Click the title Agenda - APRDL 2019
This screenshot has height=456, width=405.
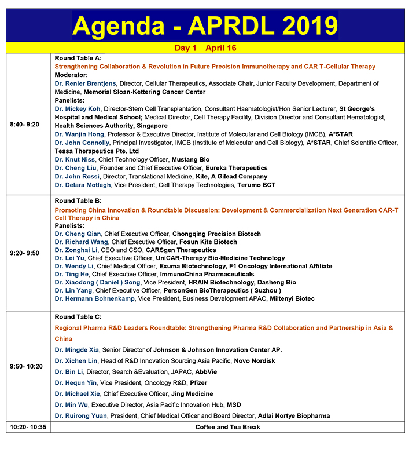[x=205, y=25]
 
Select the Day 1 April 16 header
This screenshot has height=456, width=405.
[x=205, y=48]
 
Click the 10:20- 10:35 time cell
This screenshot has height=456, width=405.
[x=27, y=427]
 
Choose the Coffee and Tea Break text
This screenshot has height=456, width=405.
[x=227, y=427]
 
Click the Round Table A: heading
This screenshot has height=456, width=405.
[x=78, y=59]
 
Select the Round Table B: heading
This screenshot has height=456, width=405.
[x=78, y=201]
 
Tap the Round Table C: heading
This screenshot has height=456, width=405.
[x=78, y=317]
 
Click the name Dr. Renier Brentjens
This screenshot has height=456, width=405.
[x=86, y=83]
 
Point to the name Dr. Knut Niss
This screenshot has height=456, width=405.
[x=75, y=159]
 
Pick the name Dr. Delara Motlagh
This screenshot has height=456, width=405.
[x=87, y=185]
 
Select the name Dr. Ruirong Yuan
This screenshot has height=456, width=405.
[x=82, y=416]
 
